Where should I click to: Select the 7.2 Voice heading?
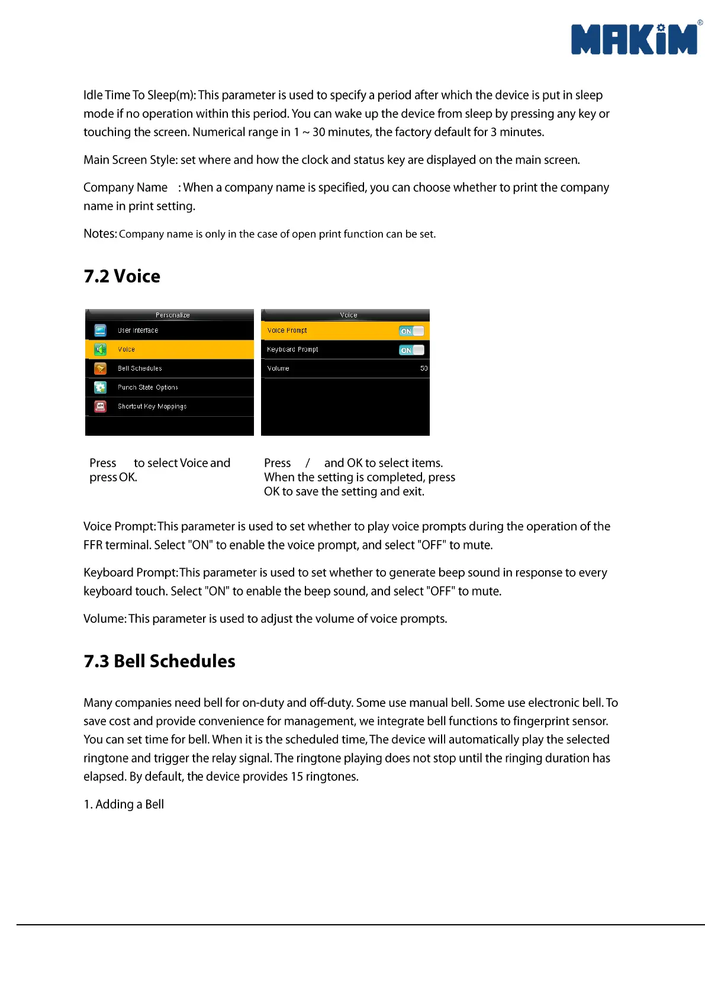pos(122,276)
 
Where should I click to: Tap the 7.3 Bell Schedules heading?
pos(159,661)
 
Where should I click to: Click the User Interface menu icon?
pos(101,330)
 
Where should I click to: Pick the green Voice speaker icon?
pos(101,349)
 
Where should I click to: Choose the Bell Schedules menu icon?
pos(101,368)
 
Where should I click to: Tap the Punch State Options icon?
pos(101,387)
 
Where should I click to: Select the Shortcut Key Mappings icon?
pos(101,406)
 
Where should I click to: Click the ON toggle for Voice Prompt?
pos(411,331)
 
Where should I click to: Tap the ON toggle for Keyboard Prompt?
pos(411,350)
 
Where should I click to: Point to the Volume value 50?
pos(424,368)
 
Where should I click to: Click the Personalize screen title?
pos(172,315)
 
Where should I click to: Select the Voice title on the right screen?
pos(348,315)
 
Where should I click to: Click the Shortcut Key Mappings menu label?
pos(152,406)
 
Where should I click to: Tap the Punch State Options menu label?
pos(148,387)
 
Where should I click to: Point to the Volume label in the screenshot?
pos(278,368)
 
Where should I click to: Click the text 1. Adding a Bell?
pos(124,804)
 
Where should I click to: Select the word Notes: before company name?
pos(100,234)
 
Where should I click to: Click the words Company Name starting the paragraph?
pos(125,188)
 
